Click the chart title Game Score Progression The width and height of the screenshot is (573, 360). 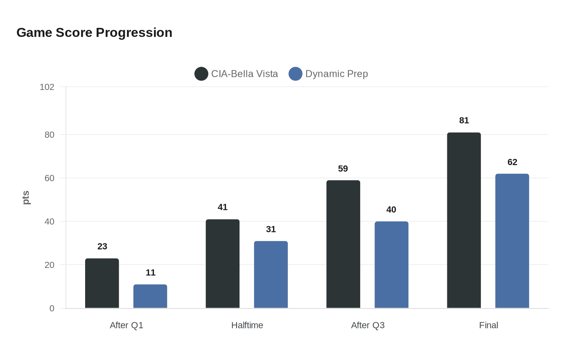coord(94,33)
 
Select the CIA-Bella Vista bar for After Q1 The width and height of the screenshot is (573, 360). coord(102,283)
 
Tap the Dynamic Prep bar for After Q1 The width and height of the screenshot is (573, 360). coord(150,296)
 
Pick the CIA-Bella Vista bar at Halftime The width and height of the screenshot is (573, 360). coord(223,263)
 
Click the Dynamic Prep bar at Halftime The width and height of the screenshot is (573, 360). coord(271,274)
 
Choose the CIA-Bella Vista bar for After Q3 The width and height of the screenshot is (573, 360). coord(343,244)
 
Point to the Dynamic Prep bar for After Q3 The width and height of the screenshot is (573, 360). coord(391,265)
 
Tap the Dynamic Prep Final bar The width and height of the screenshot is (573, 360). coord(512,241)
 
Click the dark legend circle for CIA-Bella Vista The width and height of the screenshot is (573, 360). coord(201,74)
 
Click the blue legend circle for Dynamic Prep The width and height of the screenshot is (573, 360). coord(296,74)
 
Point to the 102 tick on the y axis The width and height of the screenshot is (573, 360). coord(47,87)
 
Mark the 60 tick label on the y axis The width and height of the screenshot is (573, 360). coord(50,178)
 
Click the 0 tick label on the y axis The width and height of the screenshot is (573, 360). coord(52,308)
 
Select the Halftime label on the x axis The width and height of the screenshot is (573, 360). coord(247,325)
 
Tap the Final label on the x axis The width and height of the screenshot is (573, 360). coord(489,325)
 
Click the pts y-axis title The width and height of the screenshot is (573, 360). coord(26,198)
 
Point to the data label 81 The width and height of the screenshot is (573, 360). coord(464,120)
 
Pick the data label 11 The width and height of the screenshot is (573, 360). coord(151,272)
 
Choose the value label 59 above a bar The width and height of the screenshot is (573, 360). coord(343,169)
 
